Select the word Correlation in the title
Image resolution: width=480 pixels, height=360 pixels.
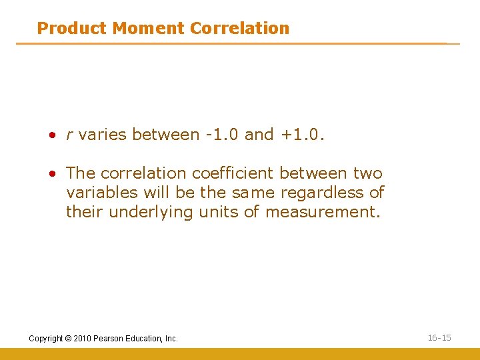coord(239,28)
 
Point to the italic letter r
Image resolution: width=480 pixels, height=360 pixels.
coord(69,135)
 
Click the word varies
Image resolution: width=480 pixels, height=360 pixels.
coord(102,135)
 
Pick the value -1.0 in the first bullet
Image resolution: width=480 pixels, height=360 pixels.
coord(222,135)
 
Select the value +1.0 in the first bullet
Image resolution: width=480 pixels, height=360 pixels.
coord(301,135)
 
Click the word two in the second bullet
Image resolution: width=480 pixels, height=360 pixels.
coord(368,173)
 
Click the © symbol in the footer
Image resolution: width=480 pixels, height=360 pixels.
coord(67,339)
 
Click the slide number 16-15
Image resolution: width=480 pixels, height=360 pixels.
coord(439,338)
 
